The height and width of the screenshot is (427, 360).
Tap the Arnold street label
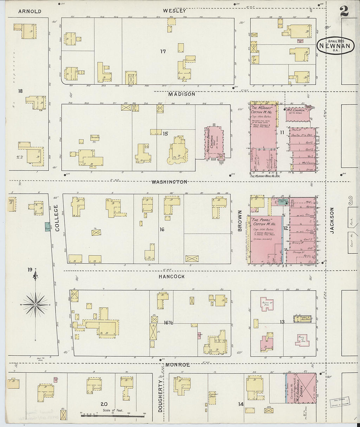[30, 11]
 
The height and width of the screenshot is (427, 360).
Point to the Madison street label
[182, 94]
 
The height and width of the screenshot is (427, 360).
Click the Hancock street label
[171, 276]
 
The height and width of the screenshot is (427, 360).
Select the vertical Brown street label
[240, 221]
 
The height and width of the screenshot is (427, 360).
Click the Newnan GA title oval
[335, 46]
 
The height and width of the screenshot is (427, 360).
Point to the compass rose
[35, 304]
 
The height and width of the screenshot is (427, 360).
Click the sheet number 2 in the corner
[344, 11]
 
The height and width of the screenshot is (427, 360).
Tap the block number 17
[163, 51]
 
